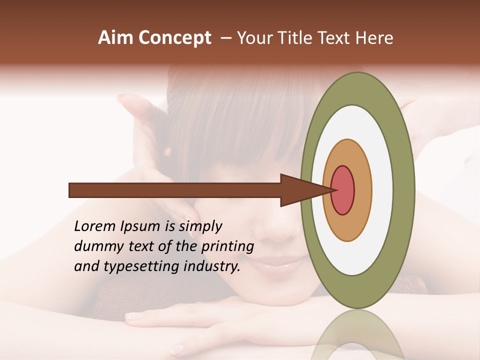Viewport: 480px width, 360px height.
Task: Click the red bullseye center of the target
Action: (343, 190)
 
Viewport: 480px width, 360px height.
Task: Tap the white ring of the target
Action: (382, 190)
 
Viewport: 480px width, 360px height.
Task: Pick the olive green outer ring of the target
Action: (405, 190)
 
